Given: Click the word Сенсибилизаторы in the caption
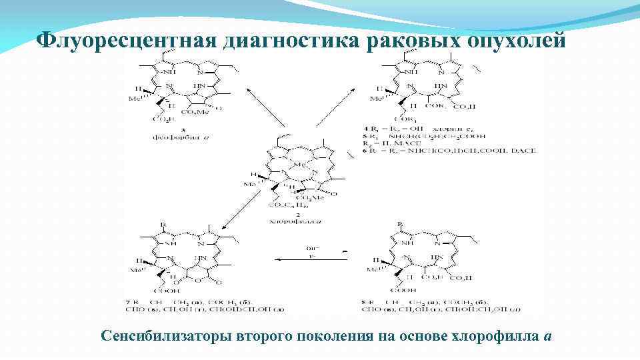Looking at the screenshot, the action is pos(166,335).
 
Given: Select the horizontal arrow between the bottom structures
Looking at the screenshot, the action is pos(311,261).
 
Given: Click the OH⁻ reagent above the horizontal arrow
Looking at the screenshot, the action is pos(310,246).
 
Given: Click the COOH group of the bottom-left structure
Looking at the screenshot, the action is pos(172,291).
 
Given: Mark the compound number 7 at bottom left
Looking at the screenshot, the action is pos(129,303).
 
